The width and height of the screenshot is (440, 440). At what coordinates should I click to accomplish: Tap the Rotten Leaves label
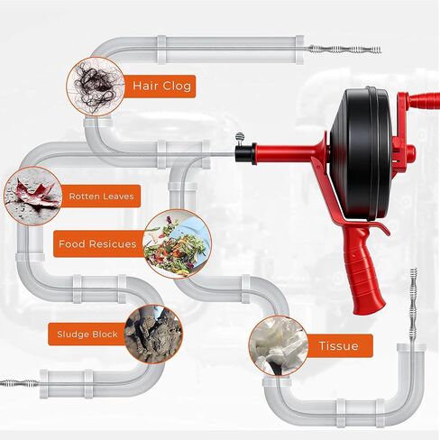pyautogui.click(x=101, y=197)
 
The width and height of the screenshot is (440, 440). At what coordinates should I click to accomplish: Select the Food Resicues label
pyautogui.click(x=98, y=243)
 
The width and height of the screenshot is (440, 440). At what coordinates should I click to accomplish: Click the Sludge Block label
pyautogui.click(x=87, y=335)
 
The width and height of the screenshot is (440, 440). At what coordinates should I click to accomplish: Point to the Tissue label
pyautogui.click(x=339, y=346)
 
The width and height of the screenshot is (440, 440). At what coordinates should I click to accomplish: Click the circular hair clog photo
pyautogui.click(x=96, y=87)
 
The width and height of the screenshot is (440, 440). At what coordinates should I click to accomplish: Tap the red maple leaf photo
pyautogui.click(x=33, y=196)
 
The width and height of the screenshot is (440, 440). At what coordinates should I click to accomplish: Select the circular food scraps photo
pyautogui.click(x=178, y=243)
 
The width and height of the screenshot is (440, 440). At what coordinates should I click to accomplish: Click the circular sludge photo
pyautogui.click(x=153, y=335)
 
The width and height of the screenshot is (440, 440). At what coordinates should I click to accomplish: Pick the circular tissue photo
pyautogui.click(x=279, y=345)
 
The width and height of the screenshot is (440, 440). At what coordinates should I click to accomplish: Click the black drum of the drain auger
pyautogui.click(x=362, y=153)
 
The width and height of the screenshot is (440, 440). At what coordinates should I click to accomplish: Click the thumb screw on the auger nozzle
pyautogui.click(x=240, y=138)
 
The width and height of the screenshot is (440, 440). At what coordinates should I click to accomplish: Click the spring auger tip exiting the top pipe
pyautogui.click(x=344, y=49)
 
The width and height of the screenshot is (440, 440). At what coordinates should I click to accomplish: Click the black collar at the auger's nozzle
pyautogui.click(x=245, y=153)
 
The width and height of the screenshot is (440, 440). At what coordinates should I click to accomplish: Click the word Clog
pyautogui.click(x=177, y=87)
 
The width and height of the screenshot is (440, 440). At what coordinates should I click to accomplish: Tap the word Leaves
pyautogui.click(x=118, y=197)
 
